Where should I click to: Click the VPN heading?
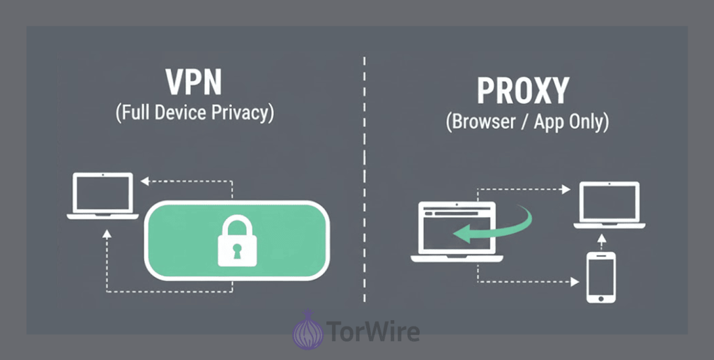(x=193, y=82)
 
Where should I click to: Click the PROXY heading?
(x=523, y=91)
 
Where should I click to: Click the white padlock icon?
(x=237, y=241)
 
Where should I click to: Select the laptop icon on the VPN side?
(x=102, y=196)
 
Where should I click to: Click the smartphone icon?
(x=600, y=277)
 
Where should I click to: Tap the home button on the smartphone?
(x=600, y=299)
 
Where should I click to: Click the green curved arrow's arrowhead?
(x=462, y=234)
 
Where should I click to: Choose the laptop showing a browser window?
(x=457, y=232)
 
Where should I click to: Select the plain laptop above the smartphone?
(x=609, y=205)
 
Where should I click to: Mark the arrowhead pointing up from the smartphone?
(x=602, y=239)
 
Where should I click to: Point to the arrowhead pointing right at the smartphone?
(x=575, y=282)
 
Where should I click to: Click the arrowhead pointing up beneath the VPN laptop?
(x=107, y=234)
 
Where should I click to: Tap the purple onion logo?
(x=307, y=331)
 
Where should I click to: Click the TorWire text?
(x=373, y=331)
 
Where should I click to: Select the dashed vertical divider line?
(x=364, y=179)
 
